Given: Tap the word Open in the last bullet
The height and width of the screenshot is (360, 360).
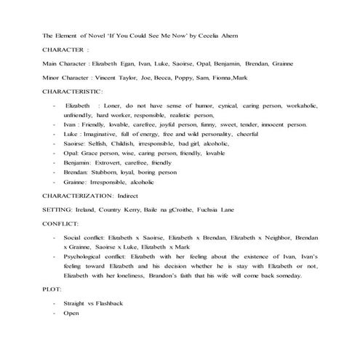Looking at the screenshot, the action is click(71, 313).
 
